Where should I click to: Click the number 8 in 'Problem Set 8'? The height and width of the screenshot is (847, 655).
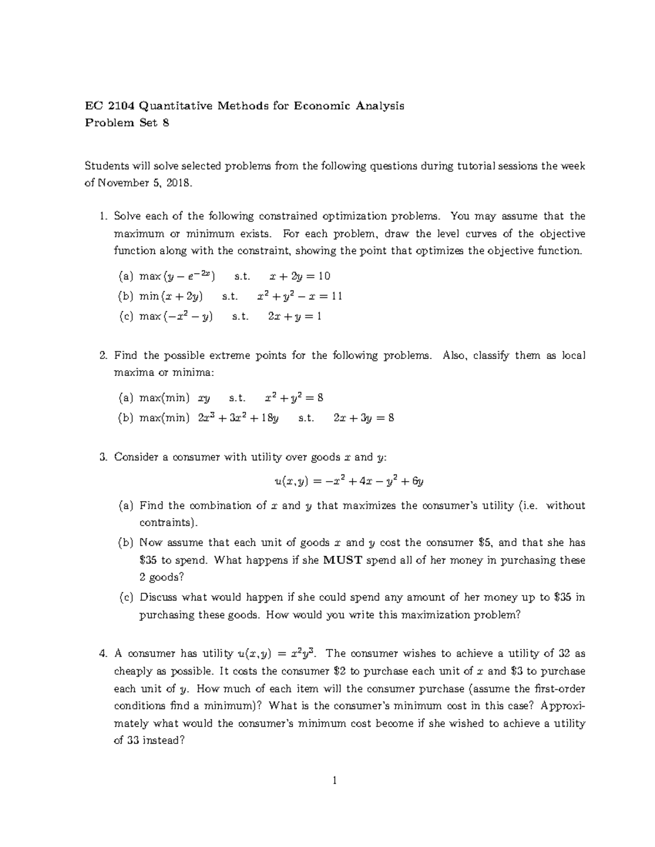click(165, 123)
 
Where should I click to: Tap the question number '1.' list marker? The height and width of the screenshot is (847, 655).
click(103, 217)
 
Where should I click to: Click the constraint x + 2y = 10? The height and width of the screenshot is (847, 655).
click(296, 276)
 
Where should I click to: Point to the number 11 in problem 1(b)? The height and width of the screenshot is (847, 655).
click(336, 296)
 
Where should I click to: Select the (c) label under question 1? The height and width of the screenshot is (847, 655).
click(126, 316)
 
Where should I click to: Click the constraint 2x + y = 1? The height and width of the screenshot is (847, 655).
click(295, 316)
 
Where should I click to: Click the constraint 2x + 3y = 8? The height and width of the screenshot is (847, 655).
click(363, 418)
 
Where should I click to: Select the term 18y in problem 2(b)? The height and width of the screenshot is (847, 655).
click(269, 418)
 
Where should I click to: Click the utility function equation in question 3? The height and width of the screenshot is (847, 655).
click(349, 481)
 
